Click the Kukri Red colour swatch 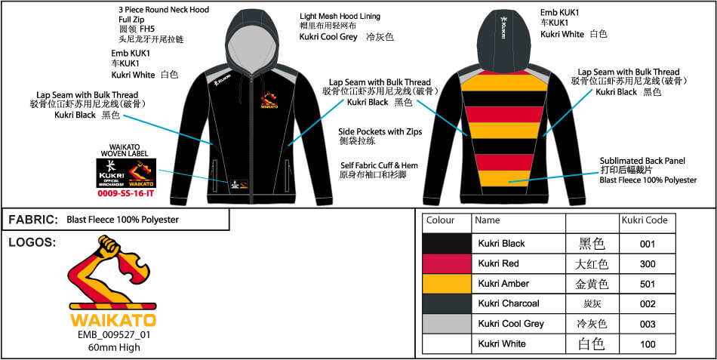pos(446,263)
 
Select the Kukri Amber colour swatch pos(446,283)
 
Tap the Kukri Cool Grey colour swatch pos(446,323)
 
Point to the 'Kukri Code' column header pos(644,220)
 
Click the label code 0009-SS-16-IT pos(125,193)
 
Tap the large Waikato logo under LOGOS pos(113,279)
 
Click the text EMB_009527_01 pos(115,336)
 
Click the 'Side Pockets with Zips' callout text pos(380,131)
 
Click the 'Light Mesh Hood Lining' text pos(340,16)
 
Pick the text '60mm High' pos(114,348)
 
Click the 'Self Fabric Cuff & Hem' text pos(380,165)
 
